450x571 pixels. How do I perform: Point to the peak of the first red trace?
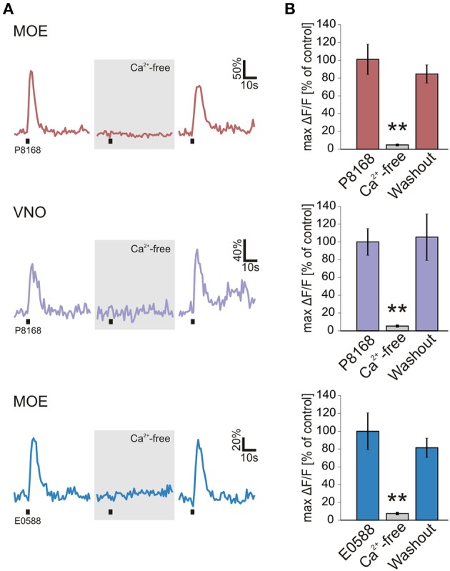31,71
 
